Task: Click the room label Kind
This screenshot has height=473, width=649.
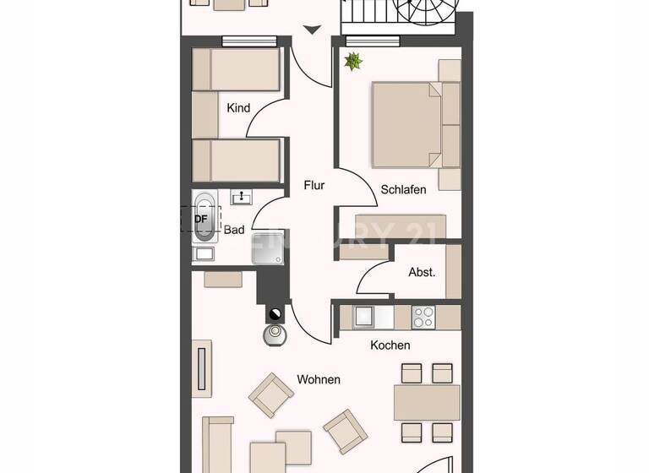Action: pos(239,108)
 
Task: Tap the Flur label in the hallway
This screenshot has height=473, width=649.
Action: pos(314,186)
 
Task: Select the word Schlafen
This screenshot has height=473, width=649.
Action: pos(403,190)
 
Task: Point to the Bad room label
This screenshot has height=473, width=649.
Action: pos(234,230)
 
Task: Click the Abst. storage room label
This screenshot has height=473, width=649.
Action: pos(422,272)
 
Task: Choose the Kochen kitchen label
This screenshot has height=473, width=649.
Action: pos(390,345)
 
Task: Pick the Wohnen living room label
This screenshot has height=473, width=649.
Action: pos(319,379)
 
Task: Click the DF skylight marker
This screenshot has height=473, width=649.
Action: pos(200,219)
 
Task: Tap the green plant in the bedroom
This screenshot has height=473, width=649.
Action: pos(352,61)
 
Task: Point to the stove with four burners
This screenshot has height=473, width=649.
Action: pos(423,317)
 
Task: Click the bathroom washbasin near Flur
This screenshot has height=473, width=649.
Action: pos(243,198)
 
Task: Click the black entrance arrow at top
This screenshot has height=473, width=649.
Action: pos(313,30)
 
